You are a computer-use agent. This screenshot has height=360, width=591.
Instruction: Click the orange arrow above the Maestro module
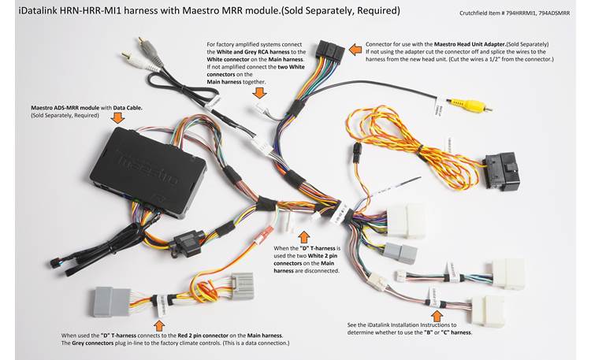click(119, 118)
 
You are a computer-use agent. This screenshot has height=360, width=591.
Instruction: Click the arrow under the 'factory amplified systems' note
click(258, 92)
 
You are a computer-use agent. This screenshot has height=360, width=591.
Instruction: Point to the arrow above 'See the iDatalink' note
click(429, 297)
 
